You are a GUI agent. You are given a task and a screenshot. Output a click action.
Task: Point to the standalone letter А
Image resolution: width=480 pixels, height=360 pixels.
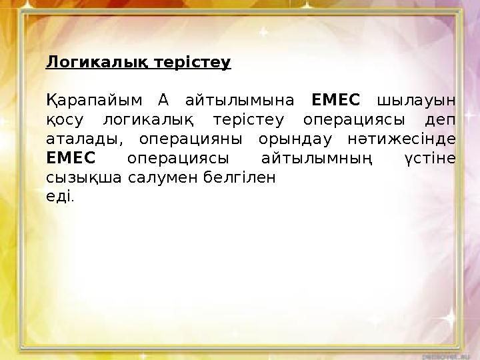pos(164,101)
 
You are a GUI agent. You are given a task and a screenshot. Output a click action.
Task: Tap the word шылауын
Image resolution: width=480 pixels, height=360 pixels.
pos(417,101)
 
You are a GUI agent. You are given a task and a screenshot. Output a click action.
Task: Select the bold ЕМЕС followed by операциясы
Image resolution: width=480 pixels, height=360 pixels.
pos(71,159)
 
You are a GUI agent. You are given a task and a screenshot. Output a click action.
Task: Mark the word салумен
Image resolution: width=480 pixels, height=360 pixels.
pos(142,179)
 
